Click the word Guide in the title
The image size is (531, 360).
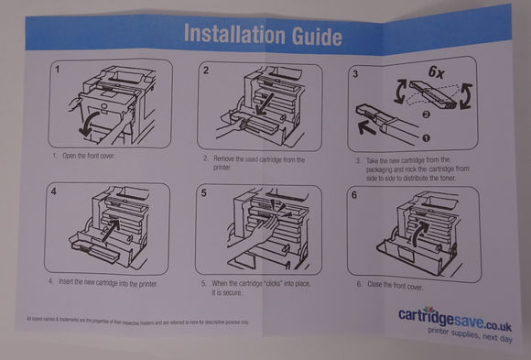tap(313, 37)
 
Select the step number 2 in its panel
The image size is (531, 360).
tap(207, 71)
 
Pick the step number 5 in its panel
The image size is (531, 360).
tap(206, 194)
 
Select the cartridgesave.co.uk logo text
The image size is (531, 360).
tap(452, 315)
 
